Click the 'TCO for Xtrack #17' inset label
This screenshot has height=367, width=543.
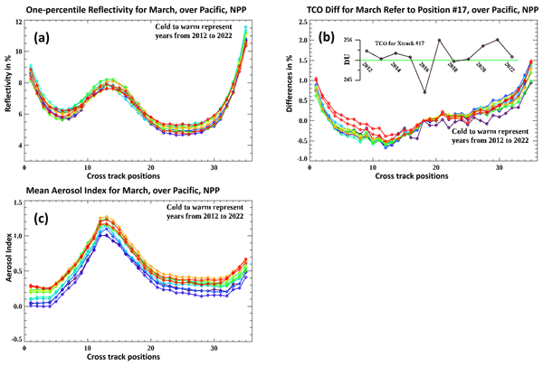(406, 42)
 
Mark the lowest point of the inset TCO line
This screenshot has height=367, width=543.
(424, 92)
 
